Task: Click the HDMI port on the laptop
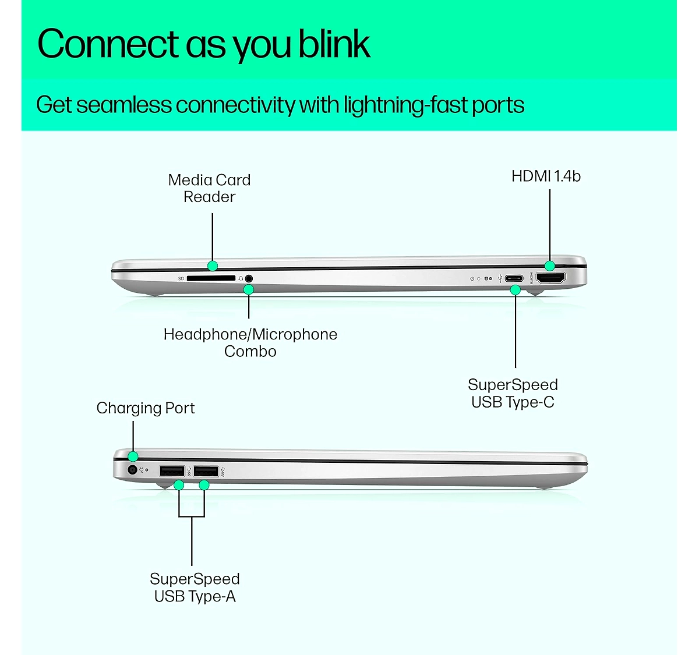click(x=550, y=278)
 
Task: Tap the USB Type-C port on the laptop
click(x=514, y=279)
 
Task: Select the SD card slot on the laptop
click(x=211, y=278)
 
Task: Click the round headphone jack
click(x=249, y=279)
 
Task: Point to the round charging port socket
click(x=132, y=469)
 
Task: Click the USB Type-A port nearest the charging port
click(x=172, y=471)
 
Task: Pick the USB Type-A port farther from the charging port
click(x=206, y=471)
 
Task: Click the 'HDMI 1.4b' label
click(x=546, y=176)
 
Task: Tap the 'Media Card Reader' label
click(x=210, y=188)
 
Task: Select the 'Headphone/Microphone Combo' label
click(x=250, y=343)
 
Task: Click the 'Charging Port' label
click(x=146, y=408)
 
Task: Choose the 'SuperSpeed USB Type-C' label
click(x=513, y=394)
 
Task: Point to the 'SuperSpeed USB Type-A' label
click(x=195, y=588)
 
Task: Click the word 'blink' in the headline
click(x=334, y=44)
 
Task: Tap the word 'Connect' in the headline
click(x=108, y=44)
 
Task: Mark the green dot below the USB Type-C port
click(x=516, y=290)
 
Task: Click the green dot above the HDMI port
click(x=550, y=265)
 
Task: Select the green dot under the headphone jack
click(x=249, y=290)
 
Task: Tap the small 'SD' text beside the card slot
click(x=181, y=278)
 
